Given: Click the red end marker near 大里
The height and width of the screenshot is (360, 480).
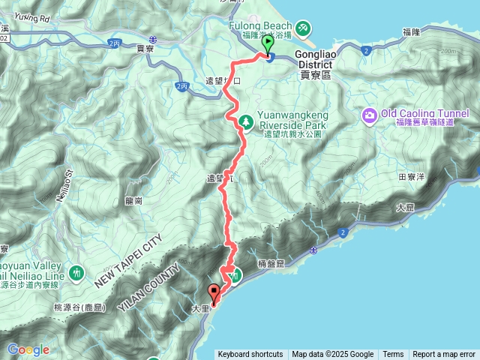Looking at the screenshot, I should [214, 294].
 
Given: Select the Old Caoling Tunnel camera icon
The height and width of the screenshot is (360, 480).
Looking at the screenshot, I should [369, 115].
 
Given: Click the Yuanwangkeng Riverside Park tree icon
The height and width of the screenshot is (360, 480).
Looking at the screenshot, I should [244, 121].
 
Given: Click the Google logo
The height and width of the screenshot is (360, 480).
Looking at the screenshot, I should [28, 349].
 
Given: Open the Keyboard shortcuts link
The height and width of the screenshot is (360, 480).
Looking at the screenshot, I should [250, 355].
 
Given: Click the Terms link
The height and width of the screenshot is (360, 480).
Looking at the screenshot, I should [393, 355].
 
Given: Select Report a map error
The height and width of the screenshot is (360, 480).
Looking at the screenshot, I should [444, 355].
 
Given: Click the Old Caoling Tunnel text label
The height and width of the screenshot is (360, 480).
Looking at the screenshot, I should [424, 113].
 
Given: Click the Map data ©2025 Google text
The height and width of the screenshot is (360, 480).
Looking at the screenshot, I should [333, 355].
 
